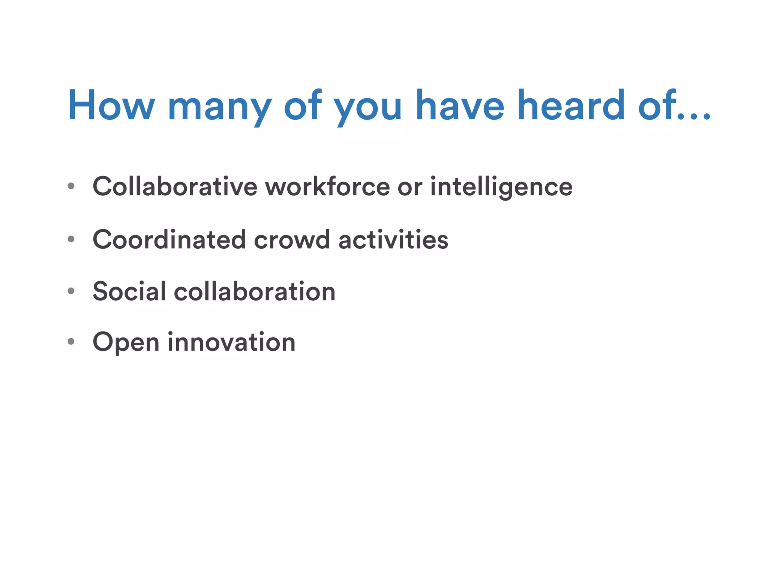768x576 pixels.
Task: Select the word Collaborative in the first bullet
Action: pyautogui.click(x=175, y=186)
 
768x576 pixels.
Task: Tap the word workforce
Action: pyautogui.click(x=328, y=186)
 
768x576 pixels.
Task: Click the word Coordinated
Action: pyautogui.click(x=169, y=240)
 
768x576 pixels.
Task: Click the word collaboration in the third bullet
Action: pyautogui.click(x=255, y=291)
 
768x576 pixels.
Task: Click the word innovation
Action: pyautogui.click(x=231, y=342)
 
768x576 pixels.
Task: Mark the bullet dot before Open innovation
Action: pyautogui.click(x=71, y=342)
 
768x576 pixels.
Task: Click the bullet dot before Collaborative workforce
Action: pyautogui.click(x=71, y=186)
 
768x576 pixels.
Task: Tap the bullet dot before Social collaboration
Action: pyautogui.click(x=71, y=291)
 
